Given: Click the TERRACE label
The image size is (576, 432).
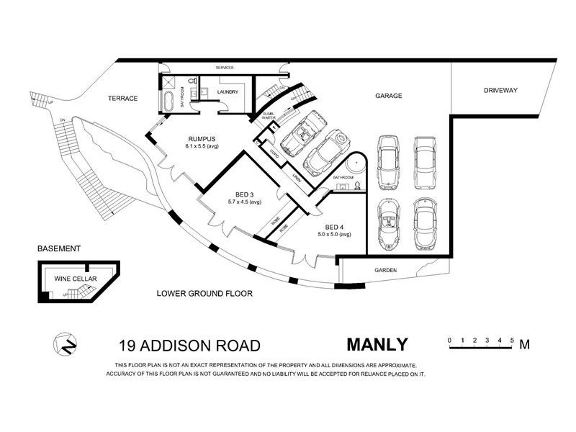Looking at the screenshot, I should click(x=122, y=99).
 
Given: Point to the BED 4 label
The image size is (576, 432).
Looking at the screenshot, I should click(x=335, y=226).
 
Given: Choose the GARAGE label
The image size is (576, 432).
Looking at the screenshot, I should click(x=388, y=95).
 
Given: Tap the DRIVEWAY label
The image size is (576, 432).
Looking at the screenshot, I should click(x=501, y=90).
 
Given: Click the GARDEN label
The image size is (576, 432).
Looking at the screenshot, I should click(x=387, y=271).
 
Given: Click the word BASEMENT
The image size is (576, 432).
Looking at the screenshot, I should click(x=59, y=248).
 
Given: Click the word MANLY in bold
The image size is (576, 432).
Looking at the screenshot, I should click(x=377, y=345).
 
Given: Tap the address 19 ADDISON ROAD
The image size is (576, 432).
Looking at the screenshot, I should click(x=190, y=346).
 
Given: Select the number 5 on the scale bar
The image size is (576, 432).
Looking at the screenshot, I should click(x=511, y=338).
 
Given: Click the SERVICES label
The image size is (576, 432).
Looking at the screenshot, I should click(x=225, y=68).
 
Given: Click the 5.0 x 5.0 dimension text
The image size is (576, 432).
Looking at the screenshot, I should click(x=335, y=234).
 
